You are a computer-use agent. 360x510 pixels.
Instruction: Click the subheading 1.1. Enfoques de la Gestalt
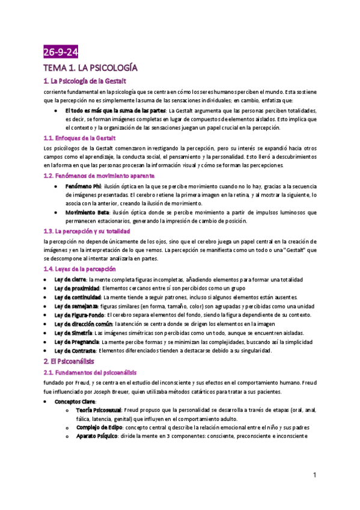click(x=80, y=138)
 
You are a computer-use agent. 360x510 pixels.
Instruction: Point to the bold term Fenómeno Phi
click(x=83, y=186)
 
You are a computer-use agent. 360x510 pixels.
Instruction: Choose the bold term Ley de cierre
click(x=70, y=280)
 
